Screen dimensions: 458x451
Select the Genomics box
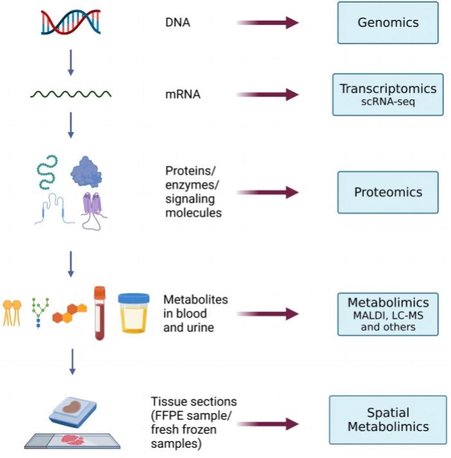coord(388,23)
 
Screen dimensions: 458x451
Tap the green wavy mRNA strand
coord(71,95)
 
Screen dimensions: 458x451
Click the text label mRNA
coord(182,95)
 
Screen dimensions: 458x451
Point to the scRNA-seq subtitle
coord(388,102)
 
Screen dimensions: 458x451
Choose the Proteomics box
coord(388,192)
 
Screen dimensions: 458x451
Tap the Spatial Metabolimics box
coord(388,420)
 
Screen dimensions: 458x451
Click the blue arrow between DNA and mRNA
coord(71,62)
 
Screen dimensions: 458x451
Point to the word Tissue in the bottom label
coord(167,402)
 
